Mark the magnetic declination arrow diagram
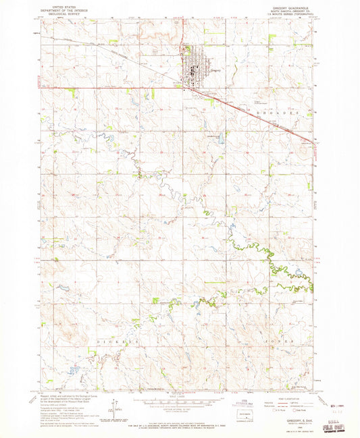[x=117, y=405]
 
